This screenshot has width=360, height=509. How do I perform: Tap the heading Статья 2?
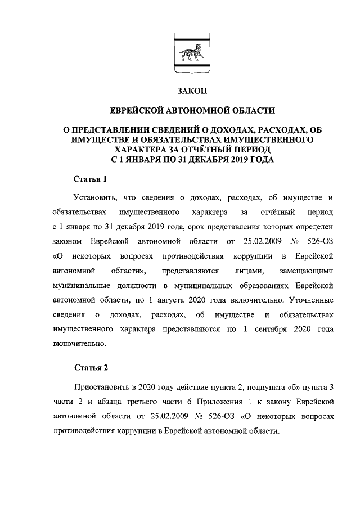(x=91, y=368)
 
